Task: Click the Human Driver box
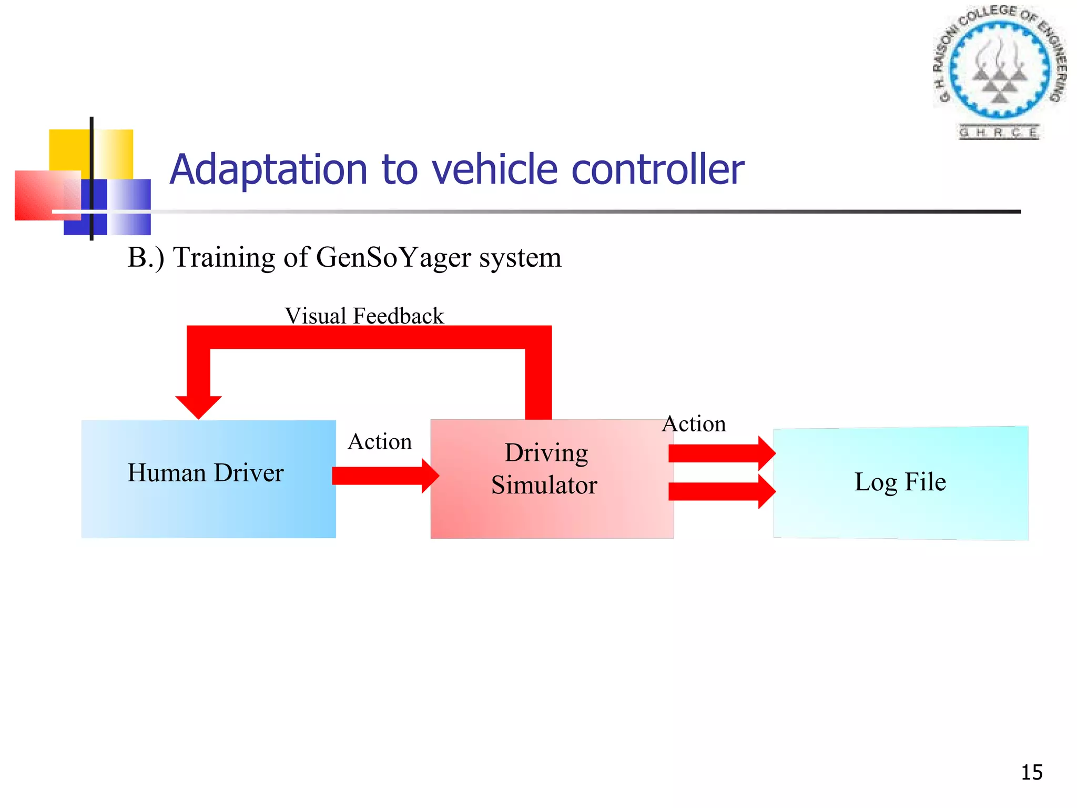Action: (208, 479)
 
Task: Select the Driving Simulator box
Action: (551, 479)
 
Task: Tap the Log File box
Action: (900, 483)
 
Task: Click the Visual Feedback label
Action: (364, 316)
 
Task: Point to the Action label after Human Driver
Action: (380, 442)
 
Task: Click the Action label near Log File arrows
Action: (694, 424)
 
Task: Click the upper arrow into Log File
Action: (720, 453)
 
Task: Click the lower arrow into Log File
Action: (720, 491)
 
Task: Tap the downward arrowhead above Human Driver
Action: (198, 406)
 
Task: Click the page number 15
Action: (1031, 772)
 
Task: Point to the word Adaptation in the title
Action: (268, 170)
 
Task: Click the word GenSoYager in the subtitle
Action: (393, 258)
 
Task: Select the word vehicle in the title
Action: (494, 170)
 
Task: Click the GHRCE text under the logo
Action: (999, 132)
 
